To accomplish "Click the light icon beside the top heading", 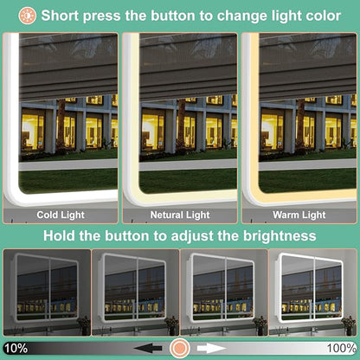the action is tap(28, 16).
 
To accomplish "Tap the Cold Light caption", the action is tap(61, 215).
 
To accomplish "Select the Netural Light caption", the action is tap(180, 215).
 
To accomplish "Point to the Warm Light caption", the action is tap(299, 215).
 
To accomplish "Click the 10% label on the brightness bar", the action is tap(16, 348).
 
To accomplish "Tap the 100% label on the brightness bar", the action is tap(342, 348).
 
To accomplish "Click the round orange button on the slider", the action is tap(179, 348).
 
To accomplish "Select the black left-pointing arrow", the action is tap(148, 348).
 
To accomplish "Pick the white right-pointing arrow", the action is tap(211, 348).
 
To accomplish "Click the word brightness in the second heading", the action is tap(280, 236).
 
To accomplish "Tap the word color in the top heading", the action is tap(323, 16).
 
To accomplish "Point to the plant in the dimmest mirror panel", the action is tap(84, 325).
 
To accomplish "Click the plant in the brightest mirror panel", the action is tap(349, 325).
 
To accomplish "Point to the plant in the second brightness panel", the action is tap(171, 325).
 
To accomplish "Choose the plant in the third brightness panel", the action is tap(260, 325).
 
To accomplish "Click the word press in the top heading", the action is tap(101, 16).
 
